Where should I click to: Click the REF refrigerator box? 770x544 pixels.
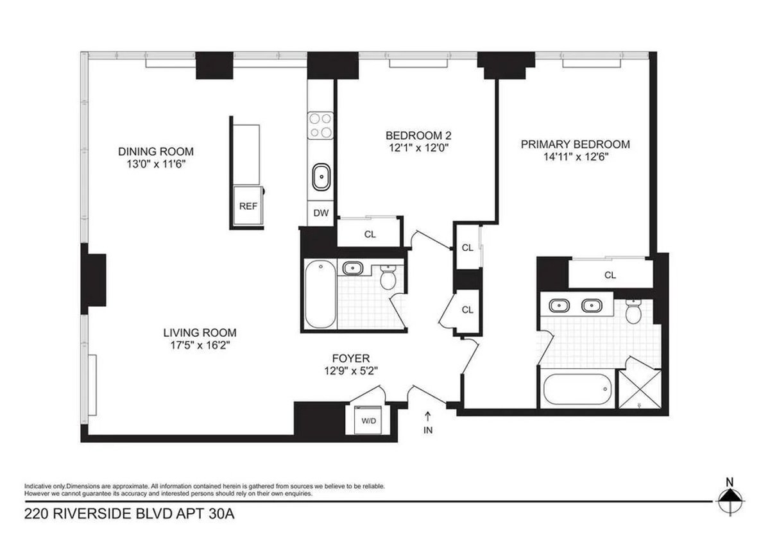coord(248,206)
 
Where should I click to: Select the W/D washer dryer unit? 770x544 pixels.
coord(369,421)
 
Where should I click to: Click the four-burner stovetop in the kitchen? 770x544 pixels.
coord(320,125)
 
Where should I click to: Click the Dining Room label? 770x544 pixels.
coord(156,152)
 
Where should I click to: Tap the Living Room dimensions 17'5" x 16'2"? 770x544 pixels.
coord(199,345)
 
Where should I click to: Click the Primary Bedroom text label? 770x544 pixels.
coord(575,144)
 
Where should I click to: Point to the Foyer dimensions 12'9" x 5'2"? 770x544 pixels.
coord(350,370)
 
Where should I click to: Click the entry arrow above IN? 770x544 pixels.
coord(428,416)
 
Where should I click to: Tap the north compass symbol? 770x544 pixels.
coord(728,497)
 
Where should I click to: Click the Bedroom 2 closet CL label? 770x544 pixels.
coord(370,234)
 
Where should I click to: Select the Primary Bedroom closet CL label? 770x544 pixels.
coord(610,275)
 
